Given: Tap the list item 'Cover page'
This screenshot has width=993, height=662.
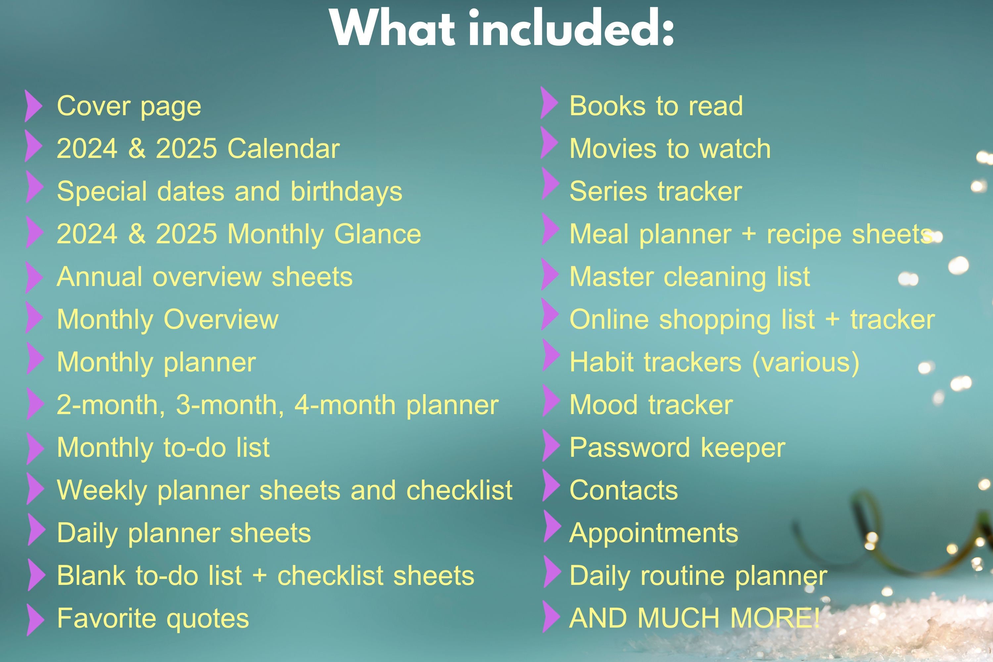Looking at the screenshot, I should click(x=129, y=106).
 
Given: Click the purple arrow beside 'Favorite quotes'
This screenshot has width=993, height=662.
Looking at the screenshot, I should click(x=35, y=619).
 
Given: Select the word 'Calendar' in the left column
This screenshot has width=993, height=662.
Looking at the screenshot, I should click(x=283, y=149).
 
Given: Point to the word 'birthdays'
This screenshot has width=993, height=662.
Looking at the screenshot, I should click(x=346, y=192).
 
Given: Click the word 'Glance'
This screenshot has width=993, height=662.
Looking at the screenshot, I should click(x=377, y=234).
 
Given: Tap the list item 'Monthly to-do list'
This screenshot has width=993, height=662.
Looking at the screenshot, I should click(x=163, y=448).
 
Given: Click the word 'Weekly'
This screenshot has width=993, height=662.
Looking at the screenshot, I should click(x=102, y=491).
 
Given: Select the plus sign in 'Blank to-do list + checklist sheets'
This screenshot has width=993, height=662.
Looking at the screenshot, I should click(x=259, y=576).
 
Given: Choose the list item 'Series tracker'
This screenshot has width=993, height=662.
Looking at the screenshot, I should click(x=655, y=192).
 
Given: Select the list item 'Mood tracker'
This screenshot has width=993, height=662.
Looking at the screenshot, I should click(x=651, y=405).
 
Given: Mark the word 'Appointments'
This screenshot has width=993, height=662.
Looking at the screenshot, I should click(x=653, y=534).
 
